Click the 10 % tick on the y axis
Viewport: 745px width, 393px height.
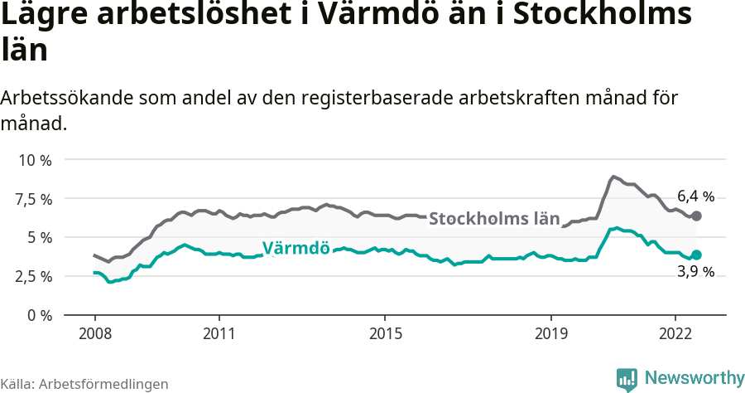[x=35, y=160]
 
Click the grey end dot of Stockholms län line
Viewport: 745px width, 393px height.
[x=696, y=216]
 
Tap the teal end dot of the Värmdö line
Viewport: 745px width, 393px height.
[x=696, y=255]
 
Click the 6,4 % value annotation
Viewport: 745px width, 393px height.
[x=695, y=196]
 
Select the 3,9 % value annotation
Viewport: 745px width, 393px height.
[x=695, y=272]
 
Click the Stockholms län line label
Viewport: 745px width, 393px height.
[x=493, y=219]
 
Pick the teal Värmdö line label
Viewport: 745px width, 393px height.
[x=296, y=248]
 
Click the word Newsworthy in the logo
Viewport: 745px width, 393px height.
[x=695, y=378]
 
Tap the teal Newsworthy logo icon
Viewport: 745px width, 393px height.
[x=627, y=379]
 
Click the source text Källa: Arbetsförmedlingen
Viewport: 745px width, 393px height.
[x=84, y=384]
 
